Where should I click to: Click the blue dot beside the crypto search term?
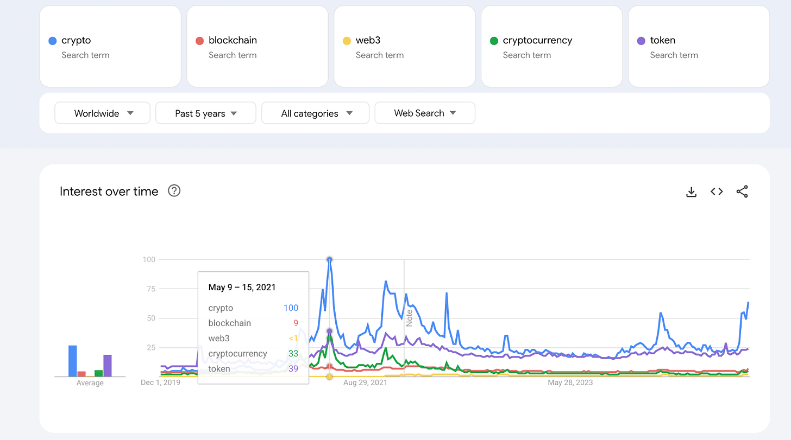coord(52,41)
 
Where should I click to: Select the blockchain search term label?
coord(233,40)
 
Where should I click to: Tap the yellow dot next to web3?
coord(347,41)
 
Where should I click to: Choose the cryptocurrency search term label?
coord(537,40)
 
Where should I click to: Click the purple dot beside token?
coord(641,41)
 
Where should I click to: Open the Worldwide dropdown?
coord(102,113)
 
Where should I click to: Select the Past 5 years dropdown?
coord(205,113)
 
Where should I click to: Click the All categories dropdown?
coord(315,113)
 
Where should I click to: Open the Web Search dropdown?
coord(424,113)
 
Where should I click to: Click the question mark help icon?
coord(174,191)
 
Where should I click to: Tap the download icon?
coord(691,192)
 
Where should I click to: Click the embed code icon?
coord(717,192)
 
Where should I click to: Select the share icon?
coord(742,192)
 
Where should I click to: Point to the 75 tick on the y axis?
coord(149,289)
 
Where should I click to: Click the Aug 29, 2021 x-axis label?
coord(365,382)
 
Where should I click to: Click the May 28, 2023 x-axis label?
coord(570,382)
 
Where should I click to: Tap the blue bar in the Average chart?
coord(73,361)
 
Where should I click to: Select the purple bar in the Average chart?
coord(108,366)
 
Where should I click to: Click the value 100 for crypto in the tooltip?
coord(291,308)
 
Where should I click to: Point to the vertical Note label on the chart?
coord(410,317)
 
